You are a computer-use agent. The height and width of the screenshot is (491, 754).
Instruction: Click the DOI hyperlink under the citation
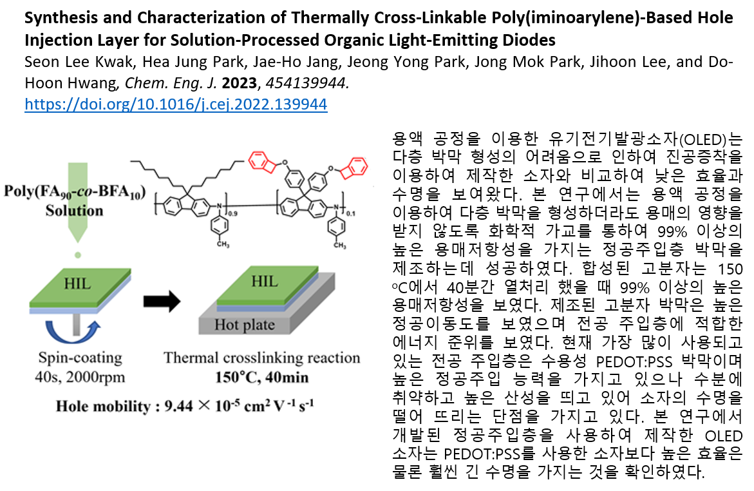[176, 104]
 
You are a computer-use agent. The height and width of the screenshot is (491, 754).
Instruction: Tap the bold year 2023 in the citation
[239, 83]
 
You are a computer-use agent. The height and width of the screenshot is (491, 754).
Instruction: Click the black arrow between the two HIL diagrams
[162, 302]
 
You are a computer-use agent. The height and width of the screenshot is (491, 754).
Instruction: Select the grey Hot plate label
[244, 325]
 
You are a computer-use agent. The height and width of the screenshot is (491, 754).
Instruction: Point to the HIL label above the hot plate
[265, 281]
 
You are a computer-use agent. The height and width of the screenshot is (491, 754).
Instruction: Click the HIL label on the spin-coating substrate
[77, 284]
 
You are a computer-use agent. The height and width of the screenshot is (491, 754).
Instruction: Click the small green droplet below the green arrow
[77, 255]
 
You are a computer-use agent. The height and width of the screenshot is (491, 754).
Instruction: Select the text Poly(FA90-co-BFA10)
[75, 191]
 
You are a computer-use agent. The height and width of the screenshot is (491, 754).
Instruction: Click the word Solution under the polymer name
[75, 211]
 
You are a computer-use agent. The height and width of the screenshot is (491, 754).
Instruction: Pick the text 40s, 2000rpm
[80, 377]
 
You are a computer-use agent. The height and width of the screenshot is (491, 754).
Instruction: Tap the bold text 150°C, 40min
[261, 377]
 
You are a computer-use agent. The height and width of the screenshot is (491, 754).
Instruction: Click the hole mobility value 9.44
[179, 407]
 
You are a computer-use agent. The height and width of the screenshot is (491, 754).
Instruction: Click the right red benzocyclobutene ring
[354, 168]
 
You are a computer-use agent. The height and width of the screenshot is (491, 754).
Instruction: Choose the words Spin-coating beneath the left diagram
[80, 358]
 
